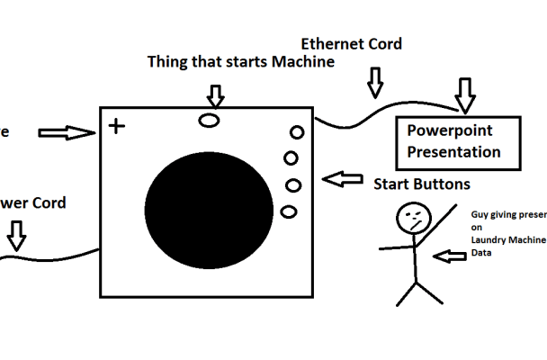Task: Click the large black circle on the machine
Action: (213, 209)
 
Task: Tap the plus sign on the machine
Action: (116, 125)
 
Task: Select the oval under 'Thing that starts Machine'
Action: (210, 120)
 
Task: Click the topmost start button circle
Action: (295, 132)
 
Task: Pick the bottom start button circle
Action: (288, 211)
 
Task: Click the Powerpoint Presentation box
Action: (459, 141)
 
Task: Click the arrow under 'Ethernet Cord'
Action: (374, 82)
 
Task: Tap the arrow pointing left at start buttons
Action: (342, 180)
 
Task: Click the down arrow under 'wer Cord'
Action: (16, 237)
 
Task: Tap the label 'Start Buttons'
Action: (422, 184)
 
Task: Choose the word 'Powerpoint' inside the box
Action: (450, 130)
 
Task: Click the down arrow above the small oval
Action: (215, 94)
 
